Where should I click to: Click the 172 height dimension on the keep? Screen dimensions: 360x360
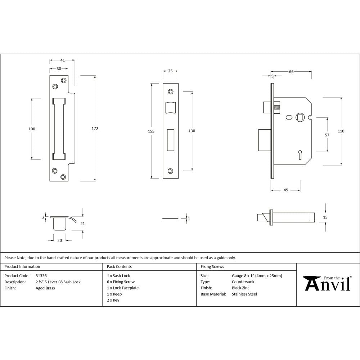coord(95,129)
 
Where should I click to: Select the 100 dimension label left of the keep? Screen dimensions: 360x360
coord(32,129)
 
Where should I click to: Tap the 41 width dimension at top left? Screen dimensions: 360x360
coord(62,60)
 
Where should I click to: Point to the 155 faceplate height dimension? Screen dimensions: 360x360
coord(151,131)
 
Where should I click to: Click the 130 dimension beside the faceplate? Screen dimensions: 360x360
coord(192,131)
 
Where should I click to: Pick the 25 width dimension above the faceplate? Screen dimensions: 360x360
coord(170,71)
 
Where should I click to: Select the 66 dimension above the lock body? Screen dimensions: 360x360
coord(291,72)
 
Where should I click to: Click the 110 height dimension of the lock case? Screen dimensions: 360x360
coord(341,131)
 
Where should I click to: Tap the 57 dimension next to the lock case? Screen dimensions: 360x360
coord(327,135)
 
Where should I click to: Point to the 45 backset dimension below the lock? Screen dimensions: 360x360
coord(285,190)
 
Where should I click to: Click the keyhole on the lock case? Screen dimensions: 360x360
coord(300,155)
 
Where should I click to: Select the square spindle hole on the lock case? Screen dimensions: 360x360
coord(300,117)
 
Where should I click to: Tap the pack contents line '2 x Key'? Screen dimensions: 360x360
coord(113,300)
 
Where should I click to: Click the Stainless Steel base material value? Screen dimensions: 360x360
coord(244,294)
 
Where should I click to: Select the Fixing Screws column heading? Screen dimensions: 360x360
coord(212,267)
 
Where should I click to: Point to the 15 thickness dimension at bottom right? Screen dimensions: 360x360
coord(325,217)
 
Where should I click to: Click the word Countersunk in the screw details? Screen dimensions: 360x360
coord(243,282)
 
